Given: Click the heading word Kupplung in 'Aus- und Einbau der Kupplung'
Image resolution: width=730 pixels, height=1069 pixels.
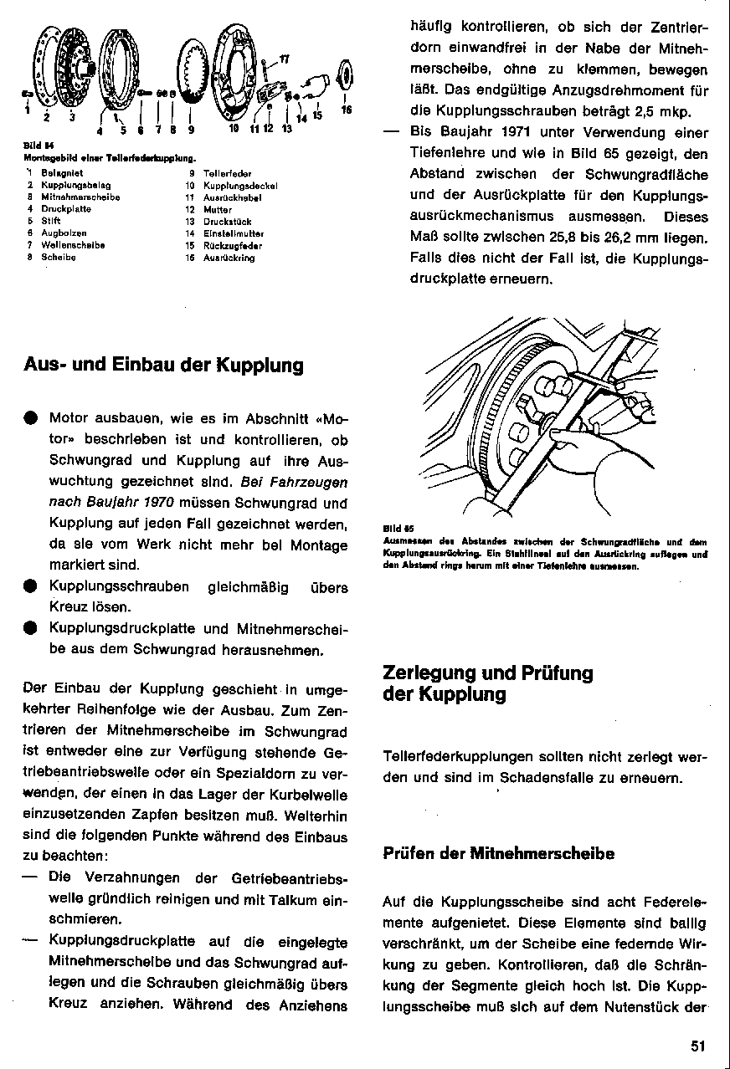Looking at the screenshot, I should (260, 365).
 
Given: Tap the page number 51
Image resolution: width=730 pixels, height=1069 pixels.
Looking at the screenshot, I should (700, 1045).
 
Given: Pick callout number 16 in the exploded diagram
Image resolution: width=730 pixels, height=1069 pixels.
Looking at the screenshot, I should (347, 110).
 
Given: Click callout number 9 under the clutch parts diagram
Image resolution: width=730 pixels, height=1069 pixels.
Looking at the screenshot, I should (191, 130).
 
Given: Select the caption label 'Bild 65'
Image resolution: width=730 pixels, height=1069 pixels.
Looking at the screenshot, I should (393, 529).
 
